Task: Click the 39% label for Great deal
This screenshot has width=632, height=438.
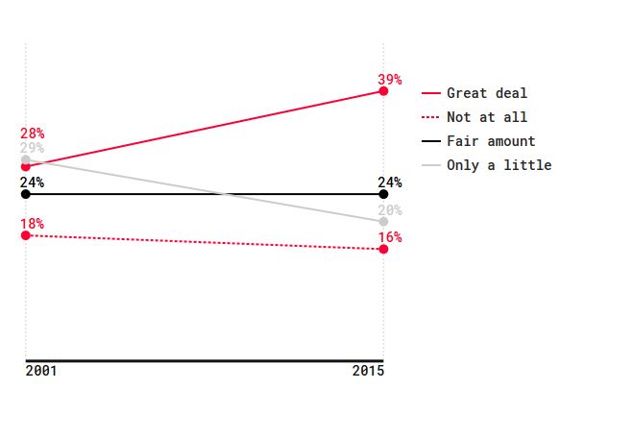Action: (390, 80)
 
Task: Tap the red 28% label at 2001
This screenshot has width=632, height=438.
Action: (33, 134)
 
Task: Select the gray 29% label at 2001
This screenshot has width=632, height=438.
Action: (33, 148)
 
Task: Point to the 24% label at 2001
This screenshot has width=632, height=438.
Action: (33, 182)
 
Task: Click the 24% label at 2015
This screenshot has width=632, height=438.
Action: (390, 182)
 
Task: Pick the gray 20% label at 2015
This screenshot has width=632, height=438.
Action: (390, 210)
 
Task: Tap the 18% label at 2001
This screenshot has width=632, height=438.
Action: (33, 224)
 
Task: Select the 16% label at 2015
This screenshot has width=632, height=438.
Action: (390, 237)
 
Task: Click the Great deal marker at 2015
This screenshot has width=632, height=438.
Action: (384, 91)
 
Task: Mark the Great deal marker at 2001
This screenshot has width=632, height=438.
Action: (26, 167)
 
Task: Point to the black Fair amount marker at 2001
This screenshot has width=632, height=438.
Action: (26, 194)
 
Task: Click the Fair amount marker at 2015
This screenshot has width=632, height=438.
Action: (384, 194)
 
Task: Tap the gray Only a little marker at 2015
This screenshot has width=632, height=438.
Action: (384, 222)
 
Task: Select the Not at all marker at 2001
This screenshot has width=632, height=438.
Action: (26, 235)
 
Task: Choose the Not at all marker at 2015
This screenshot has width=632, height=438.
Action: (384, 249)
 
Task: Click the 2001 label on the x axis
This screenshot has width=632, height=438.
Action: (41, 371)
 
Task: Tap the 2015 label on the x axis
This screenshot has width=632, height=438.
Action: (369, 371)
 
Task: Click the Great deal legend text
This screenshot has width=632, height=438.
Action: (487, 93)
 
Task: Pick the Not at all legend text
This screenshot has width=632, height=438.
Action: (487, 117)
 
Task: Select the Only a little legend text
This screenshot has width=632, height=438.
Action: (499, 165)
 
